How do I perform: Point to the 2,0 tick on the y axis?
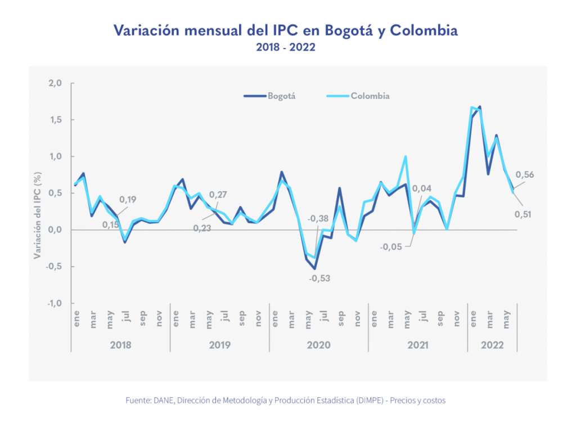point(55,83)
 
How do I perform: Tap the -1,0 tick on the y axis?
point(53,303)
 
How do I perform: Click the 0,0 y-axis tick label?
point(55,230)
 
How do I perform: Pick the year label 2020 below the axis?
point(318,344)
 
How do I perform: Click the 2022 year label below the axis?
point(492,344)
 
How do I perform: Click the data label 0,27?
point(218,195)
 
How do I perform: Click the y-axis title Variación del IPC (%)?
point(38,214)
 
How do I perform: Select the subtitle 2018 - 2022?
point(285,48)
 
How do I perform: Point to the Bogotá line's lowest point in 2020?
point(315,269)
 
